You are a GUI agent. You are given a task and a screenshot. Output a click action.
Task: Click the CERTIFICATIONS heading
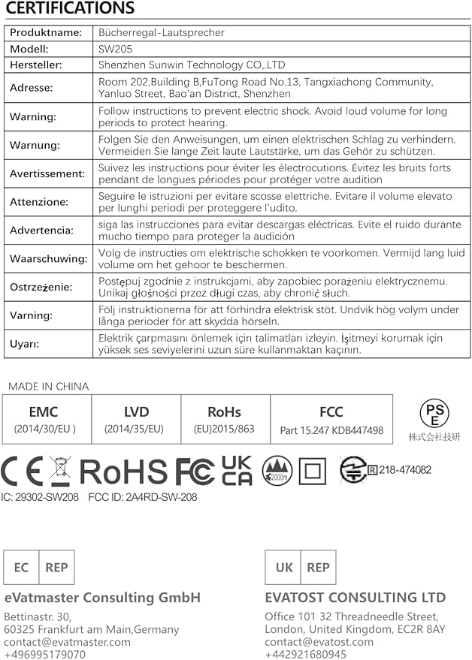(x=70, y=9)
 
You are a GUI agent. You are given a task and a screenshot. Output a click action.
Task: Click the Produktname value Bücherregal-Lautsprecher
(x=161, y=33)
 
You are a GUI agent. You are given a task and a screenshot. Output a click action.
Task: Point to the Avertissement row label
(x=47, y=173)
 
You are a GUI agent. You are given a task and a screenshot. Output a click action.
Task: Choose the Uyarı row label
(x=24, y=343)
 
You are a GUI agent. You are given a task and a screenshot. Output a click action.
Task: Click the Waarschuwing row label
(x=49, y=258)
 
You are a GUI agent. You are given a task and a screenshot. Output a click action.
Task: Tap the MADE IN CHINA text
(x=48, y=386)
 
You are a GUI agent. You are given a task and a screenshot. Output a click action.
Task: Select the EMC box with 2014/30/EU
(x=44, y=420)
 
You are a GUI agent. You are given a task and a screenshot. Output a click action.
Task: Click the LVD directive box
(x=136, y=420)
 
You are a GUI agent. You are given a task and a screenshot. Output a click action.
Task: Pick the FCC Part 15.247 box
(x=331, y=420)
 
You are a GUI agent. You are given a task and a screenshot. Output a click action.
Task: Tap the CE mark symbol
(x=23, y=471)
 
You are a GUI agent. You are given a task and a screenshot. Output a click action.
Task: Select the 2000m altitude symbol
(x=277, y=471)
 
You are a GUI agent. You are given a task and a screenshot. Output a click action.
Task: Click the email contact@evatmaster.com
(x=67, y=642)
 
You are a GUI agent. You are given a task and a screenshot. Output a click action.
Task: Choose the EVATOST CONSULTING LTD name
(x=355, y=598)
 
